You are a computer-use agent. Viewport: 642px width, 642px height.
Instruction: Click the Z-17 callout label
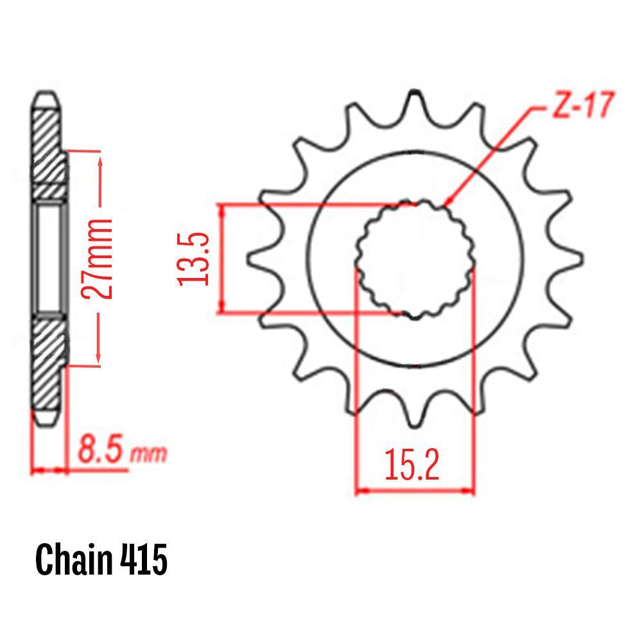pyautogui.click(x=583, y=105)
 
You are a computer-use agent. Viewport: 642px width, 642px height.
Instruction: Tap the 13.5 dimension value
pyautogui.click(x=193, y=259)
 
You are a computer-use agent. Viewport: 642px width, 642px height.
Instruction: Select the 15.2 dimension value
pyautogui.click(x=412, y=464)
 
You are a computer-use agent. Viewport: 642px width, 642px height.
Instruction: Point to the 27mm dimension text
pyautogui.click(x=97, y=259)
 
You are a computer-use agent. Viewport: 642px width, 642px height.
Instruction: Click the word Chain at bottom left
pyautogui.click(x=74, y=560)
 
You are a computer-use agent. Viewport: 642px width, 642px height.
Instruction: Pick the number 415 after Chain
pyautogui.click(x=144, y=560)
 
